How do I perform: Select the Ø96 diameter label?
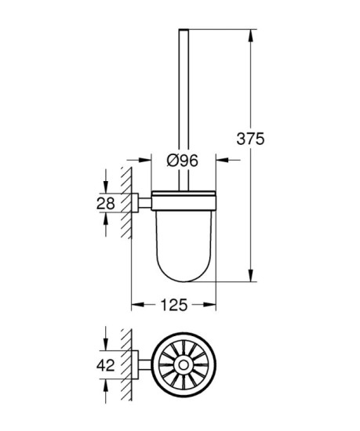coord(182,161)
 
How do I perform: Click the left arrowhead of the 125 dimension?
coord(134,302)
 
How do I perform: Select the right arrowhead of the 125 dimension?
coord(213,302)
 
